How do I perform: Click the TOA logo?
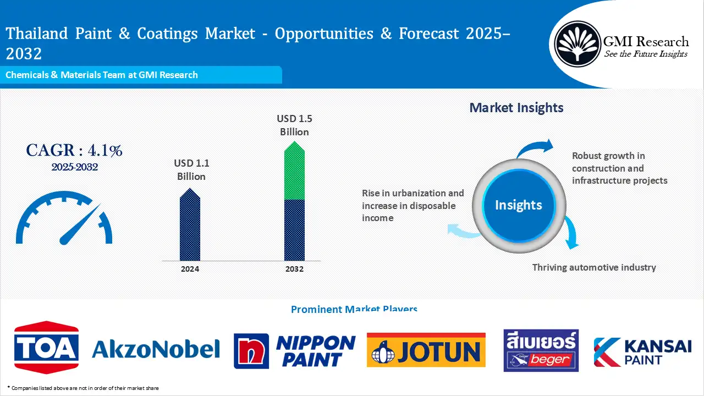click(46, 348)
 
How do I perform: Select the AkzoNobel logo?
click(156, 349)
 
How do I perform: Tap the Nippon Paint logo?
click(295, 351)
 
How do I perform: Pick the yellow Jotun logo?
click(426, 350)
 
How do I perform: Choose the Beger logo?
click(541, 350)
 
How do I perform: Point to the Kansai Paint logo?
click(642, 352)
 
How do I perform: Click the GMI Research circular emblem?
click(577, 43)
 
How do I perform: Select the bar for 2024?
click(190, 226)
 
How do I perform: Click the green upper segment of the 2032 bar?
click(294, 172)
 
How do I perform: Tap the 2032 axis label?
click(294, 269)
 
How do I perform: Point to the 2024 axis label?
click(190, 269)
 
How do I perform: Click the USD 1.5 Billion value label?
click(294, 125)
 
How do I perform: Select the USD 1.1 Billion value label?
click(191, 170)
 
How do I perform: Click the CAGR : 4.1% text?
click(74, 150)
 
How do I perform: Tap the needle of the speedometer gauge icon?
click(80, 224)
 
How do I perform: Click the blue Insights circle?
click(518, 205)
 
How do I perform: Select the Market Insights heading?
click(516, 108)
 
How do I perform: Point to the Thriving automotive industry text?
click(594, 267)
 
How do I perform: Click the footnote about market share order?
click(83, 388)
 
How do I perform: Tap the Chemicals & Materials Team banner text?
click(102, 75)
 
